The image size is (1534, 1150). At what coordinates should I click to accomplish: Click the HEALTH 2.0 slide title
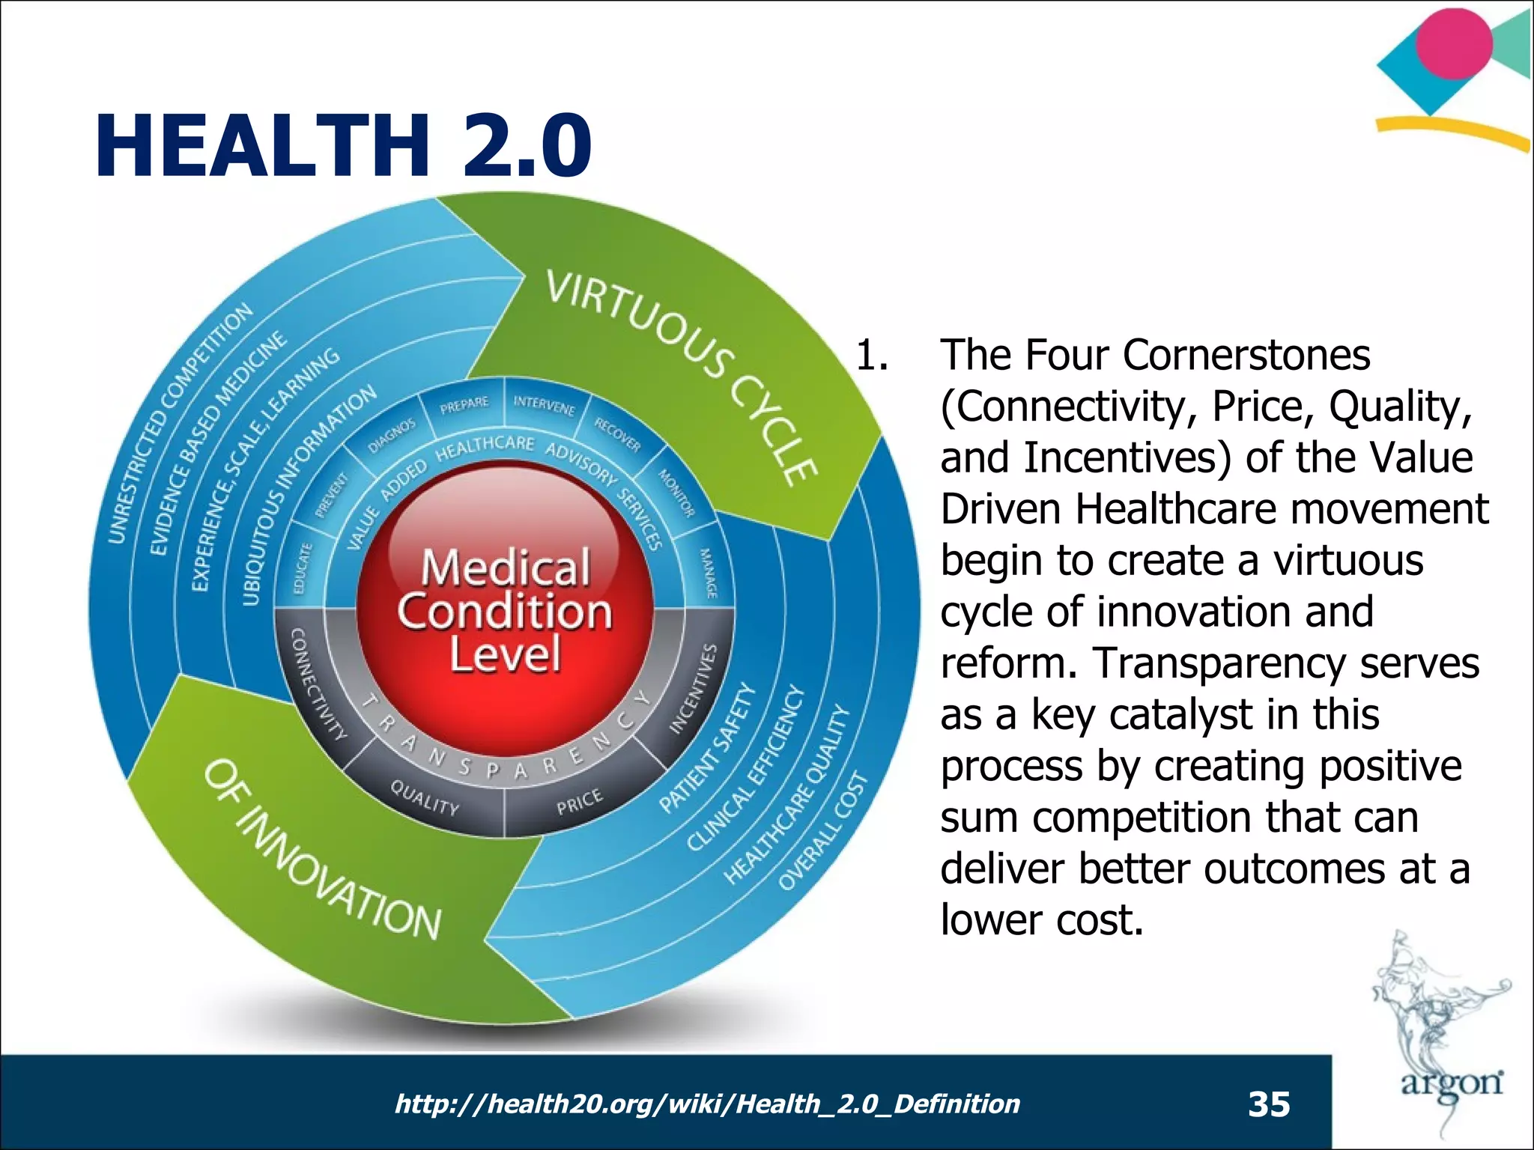[343, 145]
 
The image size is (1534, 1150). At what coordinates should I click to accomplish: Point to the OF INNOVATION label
[322, 850]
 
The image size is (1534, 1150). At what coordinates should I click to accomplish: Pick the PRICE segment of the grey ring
[579, 801]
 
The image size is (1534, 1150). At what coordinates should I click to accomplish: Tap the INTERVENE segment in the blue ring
[544, 405]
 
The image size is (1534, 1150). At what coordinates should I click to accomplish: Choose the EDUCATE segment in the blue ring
[302, 569]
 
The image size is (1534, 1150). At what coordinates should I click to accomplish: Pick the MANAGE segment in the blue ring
[708, 573]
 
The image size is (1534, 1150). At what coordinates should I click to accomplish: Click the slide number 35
[1269, 1104]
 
